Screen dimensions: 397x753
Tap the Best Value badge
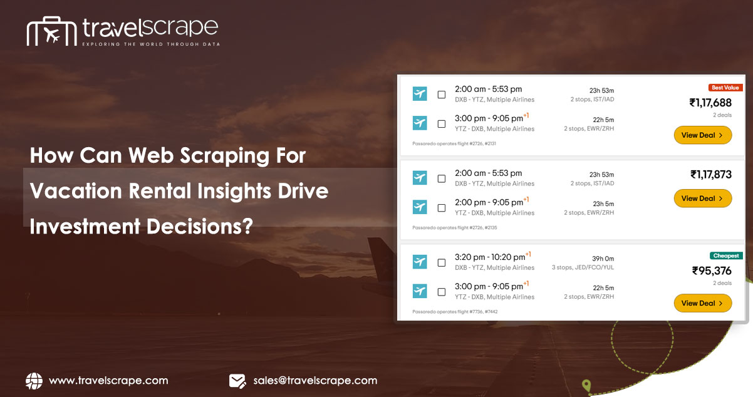coord(725,88)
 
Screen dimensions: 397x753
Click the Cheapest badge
coord(726,255)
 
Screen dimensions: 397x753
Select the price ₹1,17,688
coord(710,103)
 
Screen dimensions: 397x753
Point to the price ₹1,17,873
coord(710,175)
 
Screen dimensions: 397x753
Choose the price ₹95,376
coord(712,271)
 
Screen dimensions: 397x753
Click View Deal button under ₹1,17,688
coord(702,135)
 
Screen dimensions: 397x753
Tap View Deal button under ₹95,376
coord(702,303)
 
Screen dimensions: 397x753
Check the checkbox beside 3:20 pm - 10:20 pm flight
coord(442,262)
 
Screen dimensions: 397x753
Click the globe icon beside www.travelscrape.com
coord(34,381)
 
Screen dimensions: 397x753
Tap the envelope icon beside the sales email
coord(237,381)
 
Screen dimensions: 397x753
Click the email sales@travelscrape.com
coord(315,381)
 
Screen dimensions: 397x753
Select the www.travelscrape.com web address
coord(108,381)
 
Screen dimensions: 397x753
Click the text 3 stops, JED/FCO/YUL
coord(583,267)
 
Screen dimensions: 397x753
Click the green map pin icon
coord(586,385)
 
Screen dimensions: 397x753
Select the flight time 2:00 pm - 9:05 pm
coord(489,202)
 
